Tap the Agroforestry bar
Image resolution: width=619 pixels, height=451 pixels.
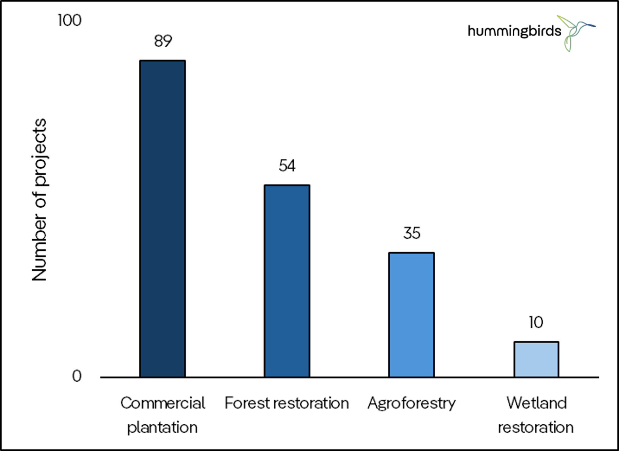tap(411, 315)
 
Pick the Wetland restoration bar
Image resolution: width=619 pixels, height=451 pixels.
tap(536, 359)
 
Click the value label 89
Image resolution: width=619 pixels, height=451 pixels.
tap(163, 41)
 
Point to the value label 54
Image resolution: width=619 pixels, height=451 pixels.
tap(287, 166)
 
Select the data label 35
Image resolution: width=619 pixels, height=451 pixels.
tap(412, 233)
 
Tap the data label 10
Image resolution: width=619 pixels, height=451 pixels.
tap(536, 323)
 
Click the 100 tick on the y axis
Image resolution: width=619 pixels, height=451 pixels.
tap(70, 21)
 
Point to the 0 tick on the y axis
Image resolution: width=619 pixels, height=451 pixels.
tap(77, 376)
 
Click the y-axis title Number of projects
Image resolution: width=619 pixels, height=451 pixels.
tap(40, 200)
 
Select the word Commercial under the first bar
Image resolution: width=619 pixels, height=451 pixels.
tap(163, 403)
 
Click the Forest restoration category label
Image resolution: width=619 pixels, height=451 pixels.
tap(287, 403)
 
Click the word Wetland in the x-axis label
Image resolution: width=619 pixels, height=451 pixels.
tap(536, 403)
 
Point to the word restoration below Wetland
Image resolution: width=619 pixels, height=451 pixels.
tap(536, 427)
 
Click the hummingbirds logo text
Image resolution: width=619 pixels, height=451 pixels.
tap(514, 31)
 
